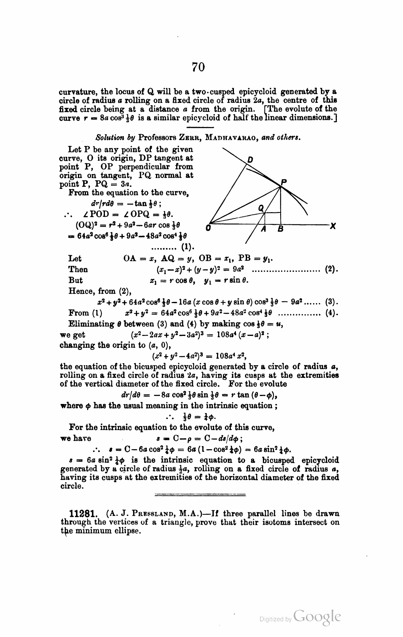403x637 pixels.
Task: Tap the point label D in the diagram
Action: (x=250, y=160)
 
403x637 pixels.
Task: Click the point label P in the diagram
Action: (x=283, y=182)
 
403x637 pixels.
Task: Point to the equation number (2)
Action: (x=331, y=270)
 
